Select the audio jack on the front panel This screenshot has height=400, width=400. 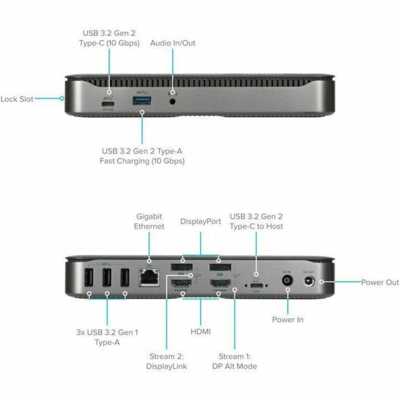[174, 101]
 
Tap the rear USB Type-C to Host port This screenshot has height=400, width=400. [256, 286]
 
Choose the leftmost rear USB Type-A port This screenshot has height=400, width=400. [89, 279]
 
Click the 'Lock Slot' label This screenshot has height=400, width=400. [17, 99]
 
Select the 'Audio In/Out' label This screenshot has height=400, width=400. [173, 43]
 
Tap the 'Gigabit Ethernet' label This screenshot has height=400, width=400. [149, 221]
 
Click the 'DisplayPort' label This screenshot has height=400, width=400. [201, 222]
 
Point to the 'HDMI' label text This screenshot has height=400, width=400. [201, 331]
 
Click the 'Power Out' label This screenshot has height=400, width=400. [380, 282]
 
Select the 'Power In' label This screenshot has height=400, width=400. [288, 319]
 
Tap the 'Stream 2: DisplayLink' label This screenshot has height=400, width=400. [167, 361]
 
